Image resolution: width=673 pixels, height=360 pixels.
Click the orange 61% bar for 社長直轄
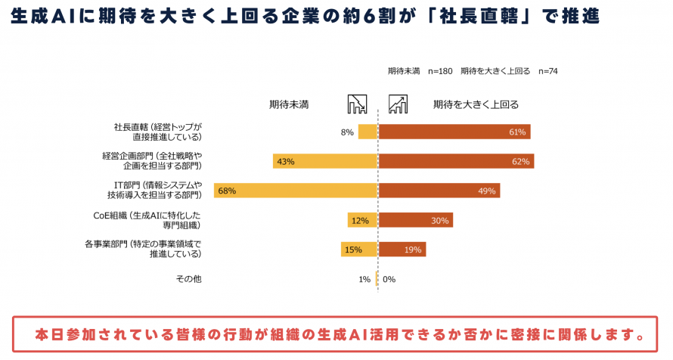454,132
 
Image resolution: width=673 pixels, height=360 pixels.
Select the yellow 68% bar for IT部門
295,191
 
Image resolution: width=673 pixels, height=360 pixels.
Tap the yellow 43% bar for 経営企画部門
325,161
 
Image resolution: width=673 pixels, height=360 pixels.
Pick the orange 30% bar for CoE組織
415,220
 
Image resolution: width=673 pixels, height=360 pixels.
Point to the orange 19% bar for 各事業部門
402,250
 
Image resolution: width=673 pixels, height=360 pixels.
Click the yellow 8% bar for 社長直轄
368,132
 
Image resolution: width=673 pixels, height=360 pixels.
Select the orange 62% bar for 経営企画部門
456,161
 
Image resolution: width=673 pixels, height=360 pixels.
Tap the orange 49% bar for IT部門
439,191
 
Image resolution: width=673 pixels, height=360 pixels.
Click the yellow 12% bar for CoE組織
362,220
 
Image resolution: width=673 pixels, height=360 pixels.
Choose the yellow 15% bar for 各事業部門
359,250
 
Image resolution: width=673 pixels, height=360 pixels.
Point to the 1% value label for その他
364,279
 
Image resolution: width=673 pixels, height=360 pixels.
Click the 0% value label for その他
389,279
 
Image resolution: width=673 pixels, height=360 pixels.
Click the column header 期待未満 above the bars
289,104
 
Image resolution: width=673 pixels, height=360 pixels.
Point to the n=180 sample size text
440,71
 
